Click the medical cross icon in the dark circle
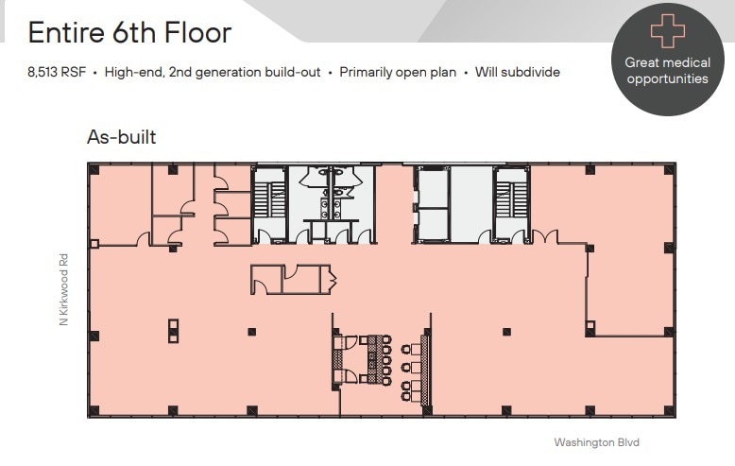tap(667, 31)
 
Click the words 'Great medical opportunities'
tap(667, 71)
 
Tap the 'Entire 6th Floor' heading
tap(129, 33)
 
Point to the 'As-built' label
tap(121, 138)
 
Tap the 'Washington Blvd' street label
tap(597, 441)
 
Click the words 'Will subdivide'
tap(519, 73)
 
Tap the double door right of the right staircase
tap(545, 237)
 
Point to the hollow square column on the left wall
tap(94, 244)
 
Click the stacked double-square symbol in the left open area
tap(173, 330)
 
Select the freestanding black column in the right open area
tap(507, 331)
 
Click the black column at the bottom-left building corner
tap(94, 409)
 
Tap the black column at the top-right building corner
tap(670, 170)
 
